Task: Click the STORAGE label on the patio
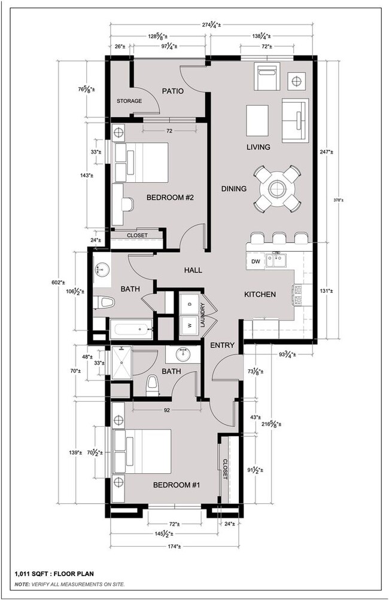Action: pos(129,101)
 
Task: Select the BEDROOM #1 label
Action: pos(176,485)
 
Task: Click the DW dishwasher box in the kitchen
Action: pos(256,262)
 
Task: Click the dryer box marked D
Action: pos(190,304)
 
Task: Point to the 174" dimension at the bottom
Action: pos(177,546)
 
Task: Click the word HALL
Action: pos(193,270)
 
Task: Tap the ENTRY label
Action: pos(221,345)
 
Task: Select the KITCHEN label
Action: pos(260,295)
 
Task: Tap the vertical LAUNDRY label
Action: pos(203,314)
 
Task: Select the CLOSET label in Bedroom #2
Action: pos(136,235)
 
